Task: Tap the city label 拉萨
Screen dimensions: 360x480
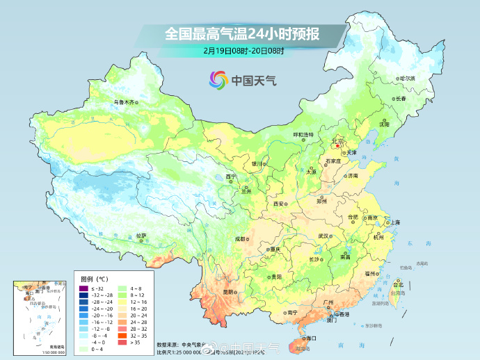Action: (141, 236)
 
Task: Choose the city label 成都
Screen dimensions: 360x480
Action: (240, 238)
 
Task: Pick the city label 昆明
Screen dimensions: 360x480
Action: (229, 293)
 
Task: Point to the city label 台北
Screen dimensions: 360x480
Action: (398, 285)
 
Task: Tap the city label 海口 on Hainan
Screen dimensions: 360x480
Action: (311, 338)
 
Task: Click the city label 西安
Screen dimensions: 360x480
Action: (279, 204)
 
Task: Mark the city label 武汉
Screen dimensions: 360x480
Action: (323, 236)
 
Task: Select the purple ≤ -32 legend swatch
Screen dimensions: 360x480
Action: (83, 288)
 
